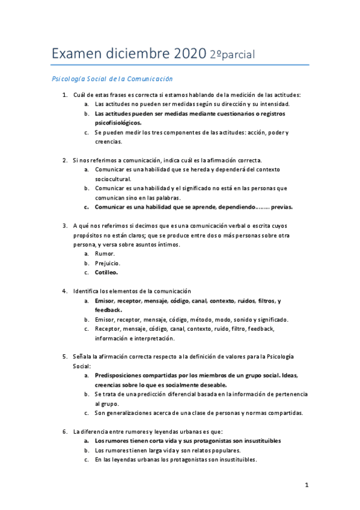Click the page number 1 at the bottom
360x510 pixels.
(x=306, y=485)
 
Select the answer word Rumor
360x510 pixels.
(x=105, y=253)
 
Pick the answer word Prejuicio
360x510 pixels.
(x=108, y=263)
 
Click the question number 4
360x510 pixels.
(x=65, y=291)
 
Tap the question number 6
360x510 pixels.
(x=65, y=431)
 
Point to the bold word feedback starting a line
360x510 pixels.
(x=109, y=310)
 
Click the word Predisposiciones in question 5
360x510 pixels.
(x=124, y=375)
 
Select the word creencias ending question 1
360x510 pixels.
(x=108, y=142)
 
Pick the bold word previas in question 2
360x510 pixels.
(x=281, y=207)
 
